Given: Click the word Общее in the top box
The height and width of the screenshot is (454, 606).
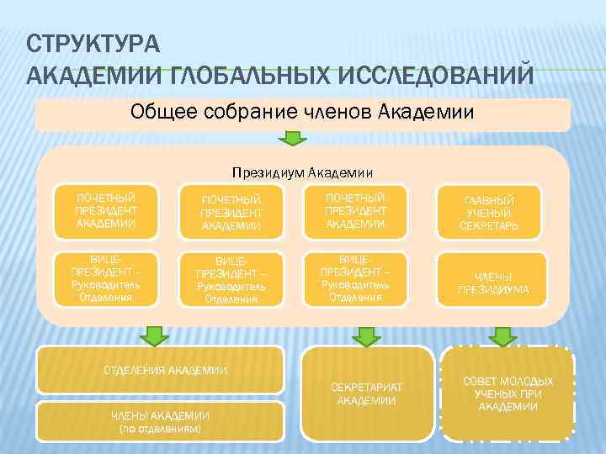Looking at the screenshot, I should [x=164, y=112].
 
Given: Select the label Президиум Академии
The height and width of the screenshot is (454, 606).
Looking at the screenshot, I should [x=302, y=172].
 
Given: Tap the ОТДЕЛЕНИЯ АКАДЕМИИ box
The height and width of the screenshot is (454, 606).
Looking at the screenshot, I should [x=164, y=370].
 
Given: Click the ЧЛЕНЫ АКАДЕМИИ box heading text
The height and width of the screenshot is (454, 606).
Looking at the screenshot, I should [x=161, y=416].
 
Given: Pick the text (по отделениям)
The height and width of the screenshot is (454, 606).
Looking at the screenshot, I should [x=161, y=429].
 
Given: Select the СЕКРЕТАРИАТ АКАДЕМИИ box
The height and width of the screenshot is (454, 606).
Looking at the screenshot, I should [x=366, y=393].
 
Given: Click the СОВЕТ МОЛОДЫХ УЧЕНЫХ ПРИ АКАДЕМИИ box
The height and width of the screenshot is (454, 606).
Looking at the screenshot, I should [x=508, y=393].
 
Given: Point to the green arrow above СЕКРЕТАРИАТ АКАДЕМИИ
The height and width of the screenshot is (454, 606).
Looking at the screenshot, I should [x=366, y=335].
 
